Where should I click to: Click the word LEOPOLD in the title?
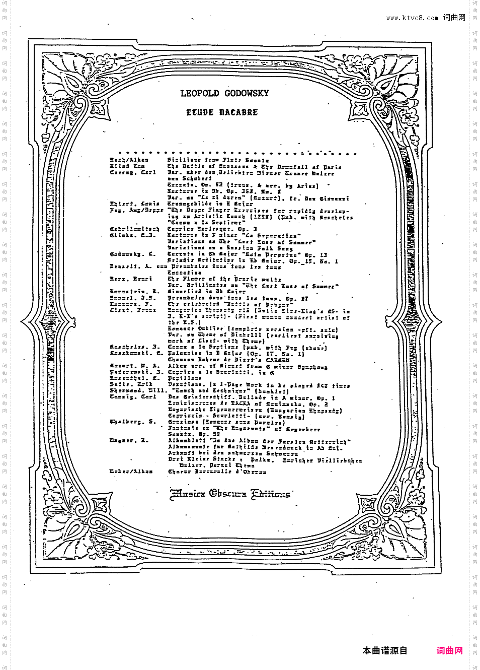(x=200, y=93)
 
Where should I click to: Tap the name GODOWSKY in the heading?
(x=247, y=93)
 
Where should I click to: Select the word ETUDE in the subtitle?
(x=200, y=112)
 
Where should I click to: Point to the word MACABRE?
(x=238, y=112)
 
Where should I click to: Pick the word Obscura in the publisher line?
(x=228, y=494)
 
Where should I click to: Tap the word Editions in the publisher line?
(x=271, y=494)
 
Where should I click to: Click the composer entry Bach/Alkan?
(x=129, y=160)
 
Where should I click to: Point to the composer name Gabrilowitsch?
(x=134, y=229)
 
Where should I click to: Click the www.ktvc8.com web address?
(x=412, y=18)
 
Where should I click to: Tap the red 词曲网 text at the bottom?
(x=449, y=651)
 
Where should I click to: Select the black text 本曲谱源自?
(x=385, y=651)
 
